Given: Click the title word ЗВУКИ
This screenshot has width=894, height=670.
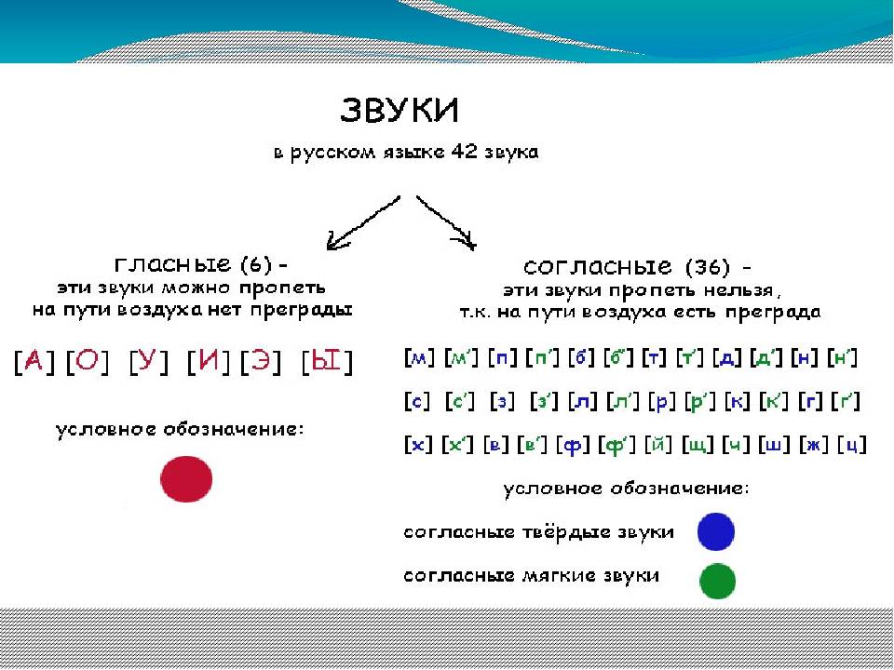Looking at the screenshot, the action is [x=400, y=110].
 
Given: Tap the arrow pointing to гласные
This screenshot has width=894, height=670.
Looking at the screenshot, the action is [x=363, y=223].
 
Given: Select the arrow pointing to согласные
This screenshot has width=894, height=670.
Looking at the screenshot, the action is [x=446, y=222].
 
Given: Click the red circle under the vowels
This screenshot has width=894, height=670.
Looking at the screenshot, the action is [x=186, y=478].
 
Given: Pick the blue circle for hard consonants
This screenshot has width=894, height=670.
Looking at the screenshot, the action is [x=715, y=531].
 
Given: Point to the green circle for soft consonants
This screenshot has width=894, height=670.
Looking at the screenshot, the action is [x=717, y=581].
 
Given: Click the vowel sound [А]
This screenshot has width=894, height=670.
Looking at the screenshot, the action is [x=34, y=362].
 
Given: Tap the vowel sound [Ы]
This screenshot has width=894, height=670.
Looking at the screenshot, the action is [x=327, y=362].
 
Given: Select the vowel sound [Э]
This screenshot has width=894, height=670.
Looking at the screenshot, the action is [x=261, y=362].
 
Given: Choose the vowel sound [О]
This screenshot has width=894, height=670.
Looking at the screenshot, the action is [x=87, y=362].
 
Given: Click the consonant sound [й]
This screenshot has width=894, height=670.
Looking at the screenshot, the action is [x=658, y=445].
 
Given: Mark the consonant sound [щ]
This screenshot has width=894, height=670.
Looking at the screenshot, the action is [x=698, y=445].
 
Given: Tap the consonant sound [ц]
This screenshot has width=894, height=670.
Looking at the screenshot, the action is [x=852, y=445].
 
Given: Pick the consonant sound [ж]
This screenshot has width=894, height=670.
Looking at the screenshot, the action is [x=813, y=445].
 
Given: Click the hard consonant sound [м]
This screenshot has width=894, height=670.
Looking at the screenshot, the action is [x=419, y=357].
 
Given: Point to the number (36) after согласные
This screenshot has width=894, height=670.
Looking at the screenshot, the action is [x=708, y=267].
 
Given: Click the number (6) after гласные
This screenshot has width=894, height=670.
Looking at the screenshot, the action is [x=256, y=264].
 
